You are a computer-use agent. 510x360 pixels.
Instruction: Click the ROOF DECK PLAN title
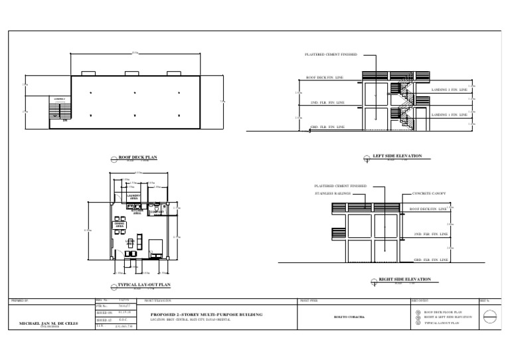[137, 157]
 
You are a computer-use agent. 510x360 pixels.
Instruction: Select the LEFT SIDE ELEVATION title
[397, 157]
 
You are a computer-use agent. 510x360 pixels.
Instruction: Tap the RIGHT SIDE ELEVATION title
[404, 280]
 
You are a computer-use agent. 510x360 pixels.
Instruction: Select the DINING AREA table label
[120, 225]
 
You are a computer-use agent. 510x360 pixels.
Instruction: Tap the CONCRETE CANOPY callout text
[428, 193]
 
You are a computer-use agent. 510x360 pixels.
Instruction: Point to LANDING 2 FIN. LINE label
[450, 90]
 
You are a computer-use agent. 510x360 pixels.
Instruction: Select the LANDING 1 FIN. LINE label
[450, 115]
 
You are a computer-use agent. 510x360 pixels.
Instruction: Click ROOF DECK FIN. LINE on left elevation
[325, 78]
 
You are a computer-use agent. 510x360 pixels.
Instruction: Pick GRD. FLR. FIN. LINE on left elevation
[327, 126]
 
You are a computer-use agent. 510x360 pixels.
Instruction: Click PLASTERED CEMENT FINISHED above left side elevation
[331, 54]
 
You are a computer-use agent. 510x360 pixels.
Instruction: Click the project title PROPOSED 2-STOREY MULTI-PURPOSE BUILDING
[207, 314]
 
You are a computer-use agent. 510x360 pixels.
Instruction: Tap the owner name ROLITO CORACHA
[351, 317]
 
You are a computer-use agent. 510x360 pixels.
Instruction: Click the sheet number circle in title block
[489, 317]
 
